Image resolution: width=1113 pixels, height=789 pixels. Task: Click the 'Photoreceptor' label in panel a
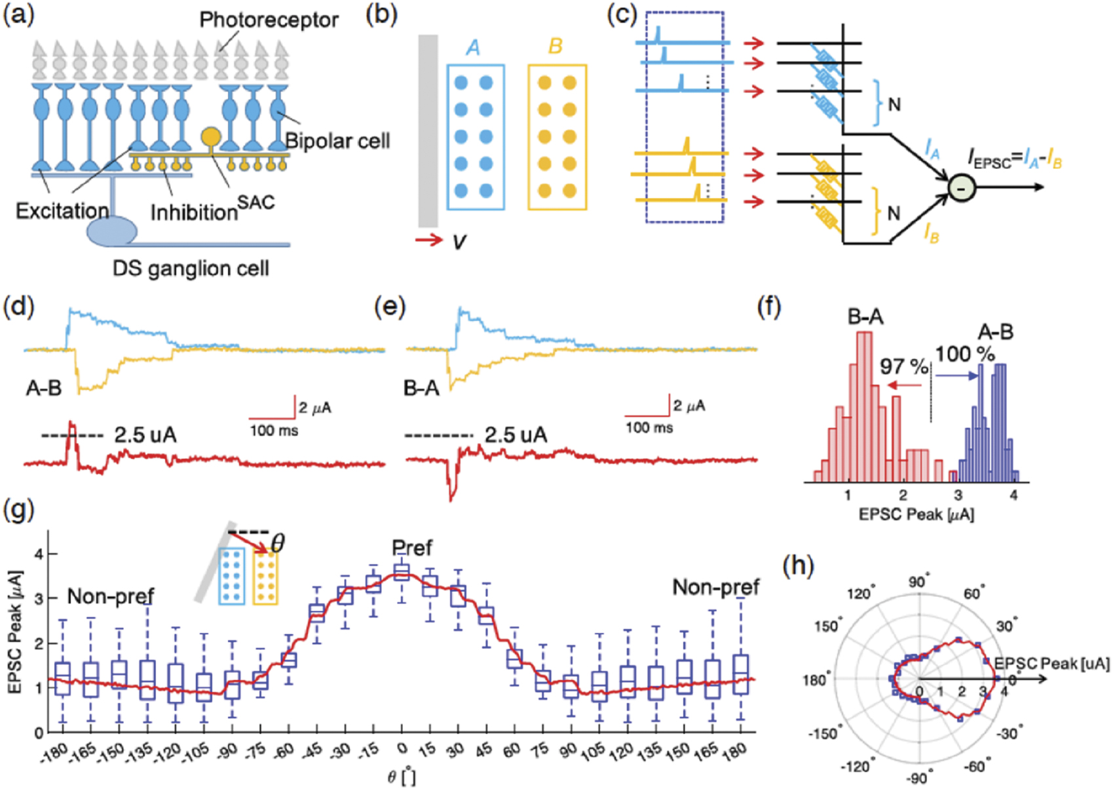tap(269, 20)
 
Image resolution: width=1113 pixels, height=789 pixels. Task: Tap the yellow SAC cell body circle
tap(211, 136)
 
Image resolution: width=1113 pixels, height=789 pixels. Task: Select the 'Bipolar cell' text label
tap(338, 141)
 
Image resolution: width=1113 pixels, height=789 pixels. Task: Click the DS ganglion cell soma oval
tap(112, 232)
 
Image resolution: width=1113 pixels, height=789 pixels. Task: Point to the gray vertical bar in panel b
tap(428, 131)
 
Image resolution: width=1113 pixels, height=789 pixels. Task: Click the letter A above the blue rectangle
tap(473, 47)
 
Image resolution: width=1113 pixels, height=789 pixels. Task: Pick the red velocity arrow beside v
tap(429, 241)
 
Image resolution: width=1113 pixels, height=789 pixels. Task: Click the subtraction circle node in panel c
tap(962, 189)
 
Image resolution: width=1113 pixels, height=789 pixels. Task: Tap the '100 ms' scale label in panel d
tap(274, 431)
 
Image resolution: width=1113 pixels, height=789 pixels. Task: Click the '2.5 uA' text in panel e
tap(516, 434)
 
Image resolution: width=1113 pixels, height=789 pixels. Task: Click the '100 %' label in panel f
tap(964, 355)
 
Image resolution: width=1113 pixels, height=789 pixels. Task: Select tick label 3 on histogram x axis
tap(958, 495)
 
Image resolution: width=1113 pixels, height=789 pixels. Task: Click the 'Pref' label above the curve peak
tap(412, 548)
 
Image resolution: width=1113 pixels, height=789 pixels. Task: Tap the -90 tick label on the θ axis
tap(227, 751)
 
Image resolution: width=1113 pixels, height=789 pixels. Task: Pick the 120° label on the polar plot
tap(860, 594)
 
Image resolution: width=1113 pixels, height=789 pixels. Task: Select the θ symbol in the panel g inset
tap(278, 543)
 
